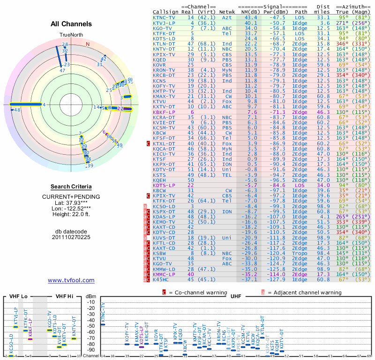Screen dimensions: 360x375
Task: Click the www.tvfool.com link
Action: point(71,280)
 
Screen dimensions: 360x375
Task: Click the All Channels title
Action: point(71,24)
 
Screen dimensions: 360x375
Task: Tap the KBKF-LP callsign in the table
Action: point(164,112)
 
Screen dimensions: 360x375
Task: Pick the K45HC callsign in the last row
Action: point(162,279)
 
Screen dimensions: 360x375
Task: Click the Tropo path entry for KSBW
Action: point(300,253)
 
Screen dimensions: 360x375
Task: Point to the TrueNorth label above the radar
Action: point(71,35)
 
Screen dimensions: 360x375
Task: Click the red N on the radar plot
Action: point(88,45)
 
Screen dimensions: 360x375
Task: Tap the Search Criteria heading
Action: point(71,187)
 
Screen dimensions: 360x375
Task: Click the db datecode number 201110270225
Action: point(71,237)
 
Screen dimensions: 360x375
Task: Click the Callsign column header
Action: point(166,11)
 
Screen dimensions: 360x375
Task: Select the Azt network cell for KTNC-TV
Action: point(226,17)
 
